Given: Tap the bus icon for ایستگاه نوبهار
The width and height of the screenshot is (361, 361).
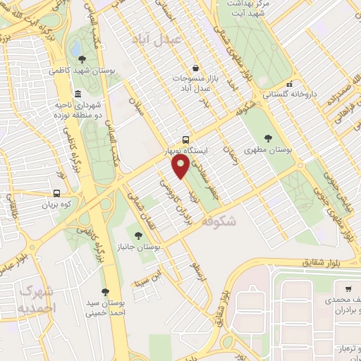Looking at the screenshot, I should (185, 140).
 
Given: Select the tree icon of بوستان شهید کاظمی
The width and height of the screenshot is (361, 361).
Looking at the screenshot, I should (82, 59).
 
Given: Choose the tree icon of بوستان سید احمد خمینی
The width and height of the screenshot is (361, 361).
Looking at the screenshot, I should (105, 292).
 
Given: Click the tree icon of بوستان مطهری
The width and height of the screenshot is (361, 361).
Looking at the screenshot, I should (267, 138).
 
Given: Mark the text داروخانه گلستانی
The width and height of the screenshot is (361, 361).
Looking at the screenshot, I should (290, 93).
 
